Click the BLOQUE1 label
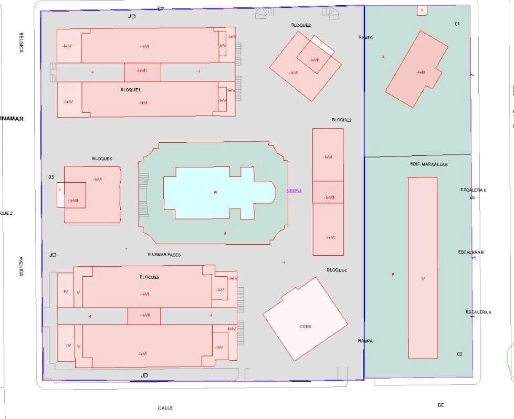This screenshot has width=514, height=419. (130, 90)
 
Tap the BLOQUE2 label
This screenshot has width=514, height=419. (301, 25)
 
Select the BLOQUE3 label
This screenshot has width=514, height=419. (341, 120)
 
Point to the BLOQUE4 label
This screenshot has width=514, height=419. (337, 270)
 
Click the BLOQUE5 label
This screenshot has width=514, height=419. (150, 277)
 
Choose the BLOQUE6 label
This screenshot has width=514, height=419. (102, 159)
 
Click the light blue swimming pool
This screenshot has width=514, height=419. (215, 193)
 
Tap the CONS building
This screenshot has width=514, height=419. (305, 326)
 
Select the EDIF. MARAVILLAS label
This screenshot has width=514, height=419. (429, 164)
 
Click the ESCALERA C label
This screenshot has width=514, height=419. (473, 190)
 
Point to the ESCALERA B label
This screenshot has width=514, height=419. (470, 252)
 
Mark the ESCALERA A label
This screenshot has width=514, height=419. (478, 312)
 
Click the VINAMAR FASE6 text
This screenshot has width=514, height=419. (164, 254)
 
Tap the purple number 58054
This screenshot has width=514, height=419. (294, 192)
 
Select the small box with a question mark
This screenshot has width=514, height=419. (422, 10)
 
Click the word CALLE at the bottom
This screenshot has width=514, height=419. (165, 407)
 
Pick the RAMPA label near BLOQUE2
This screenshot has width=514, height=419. (365, 37)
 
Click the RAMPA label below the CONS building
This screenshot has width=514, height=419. (365, 341)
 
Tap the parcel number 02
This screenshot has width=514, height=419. (459, 354)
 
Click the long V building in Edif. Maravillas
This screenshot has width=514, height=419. (423, 268)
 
